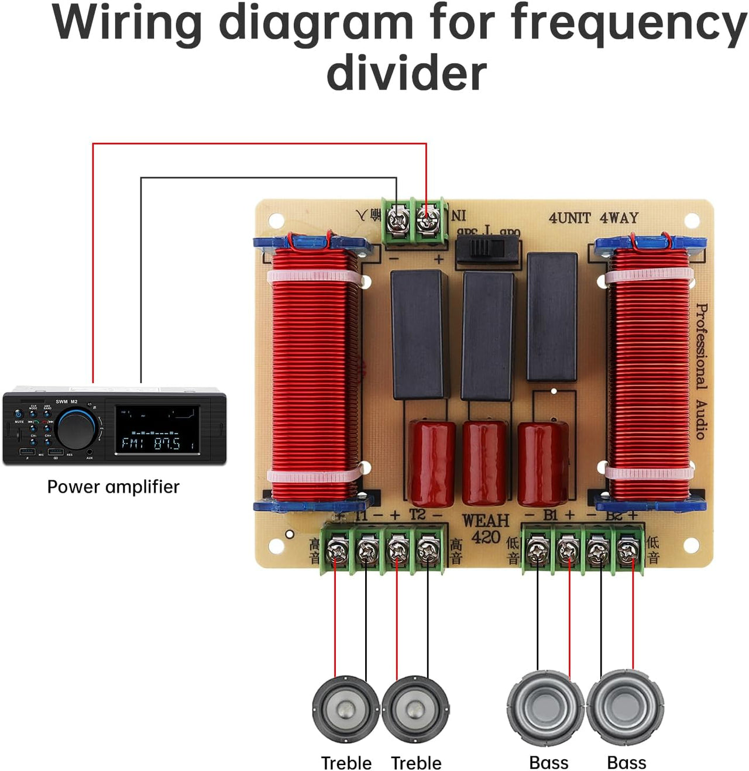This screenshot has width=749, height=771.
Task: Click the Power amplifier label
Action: click(x=113, y=487)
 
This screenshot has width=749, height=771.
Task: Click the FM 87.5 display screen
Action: click(x=157, y=430)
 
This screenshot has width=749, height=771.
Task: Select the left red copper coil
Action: click(x=314, y=374)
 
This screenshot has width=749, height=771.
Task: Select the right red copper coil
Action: click(x=650, y=374)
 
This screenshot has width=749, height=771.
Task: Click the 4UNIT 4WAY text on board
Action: click(x=593, y=218)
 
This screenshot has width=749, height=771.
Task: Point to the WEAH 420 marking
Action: click(x=485, y=529)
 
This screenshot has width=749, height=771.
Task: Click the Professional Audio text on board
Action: click(x=701, y=371)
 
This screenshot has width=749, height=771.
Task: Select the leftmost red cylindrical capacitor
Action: click(x=432, y=462)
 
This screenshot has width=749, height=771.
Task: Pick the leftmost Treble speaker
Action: click(x=346, y=709)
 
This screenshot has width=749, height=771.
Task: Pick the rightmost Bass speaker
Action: click(x=625, y=708)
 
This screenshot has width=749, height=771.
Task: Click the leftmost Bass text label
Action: click(x=548, y=763)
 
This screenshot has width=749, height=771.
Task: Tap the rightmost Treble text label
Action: click(x=416, y=763)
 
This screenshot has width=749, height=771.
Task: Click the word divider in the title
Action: click(x=406, y=73)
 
